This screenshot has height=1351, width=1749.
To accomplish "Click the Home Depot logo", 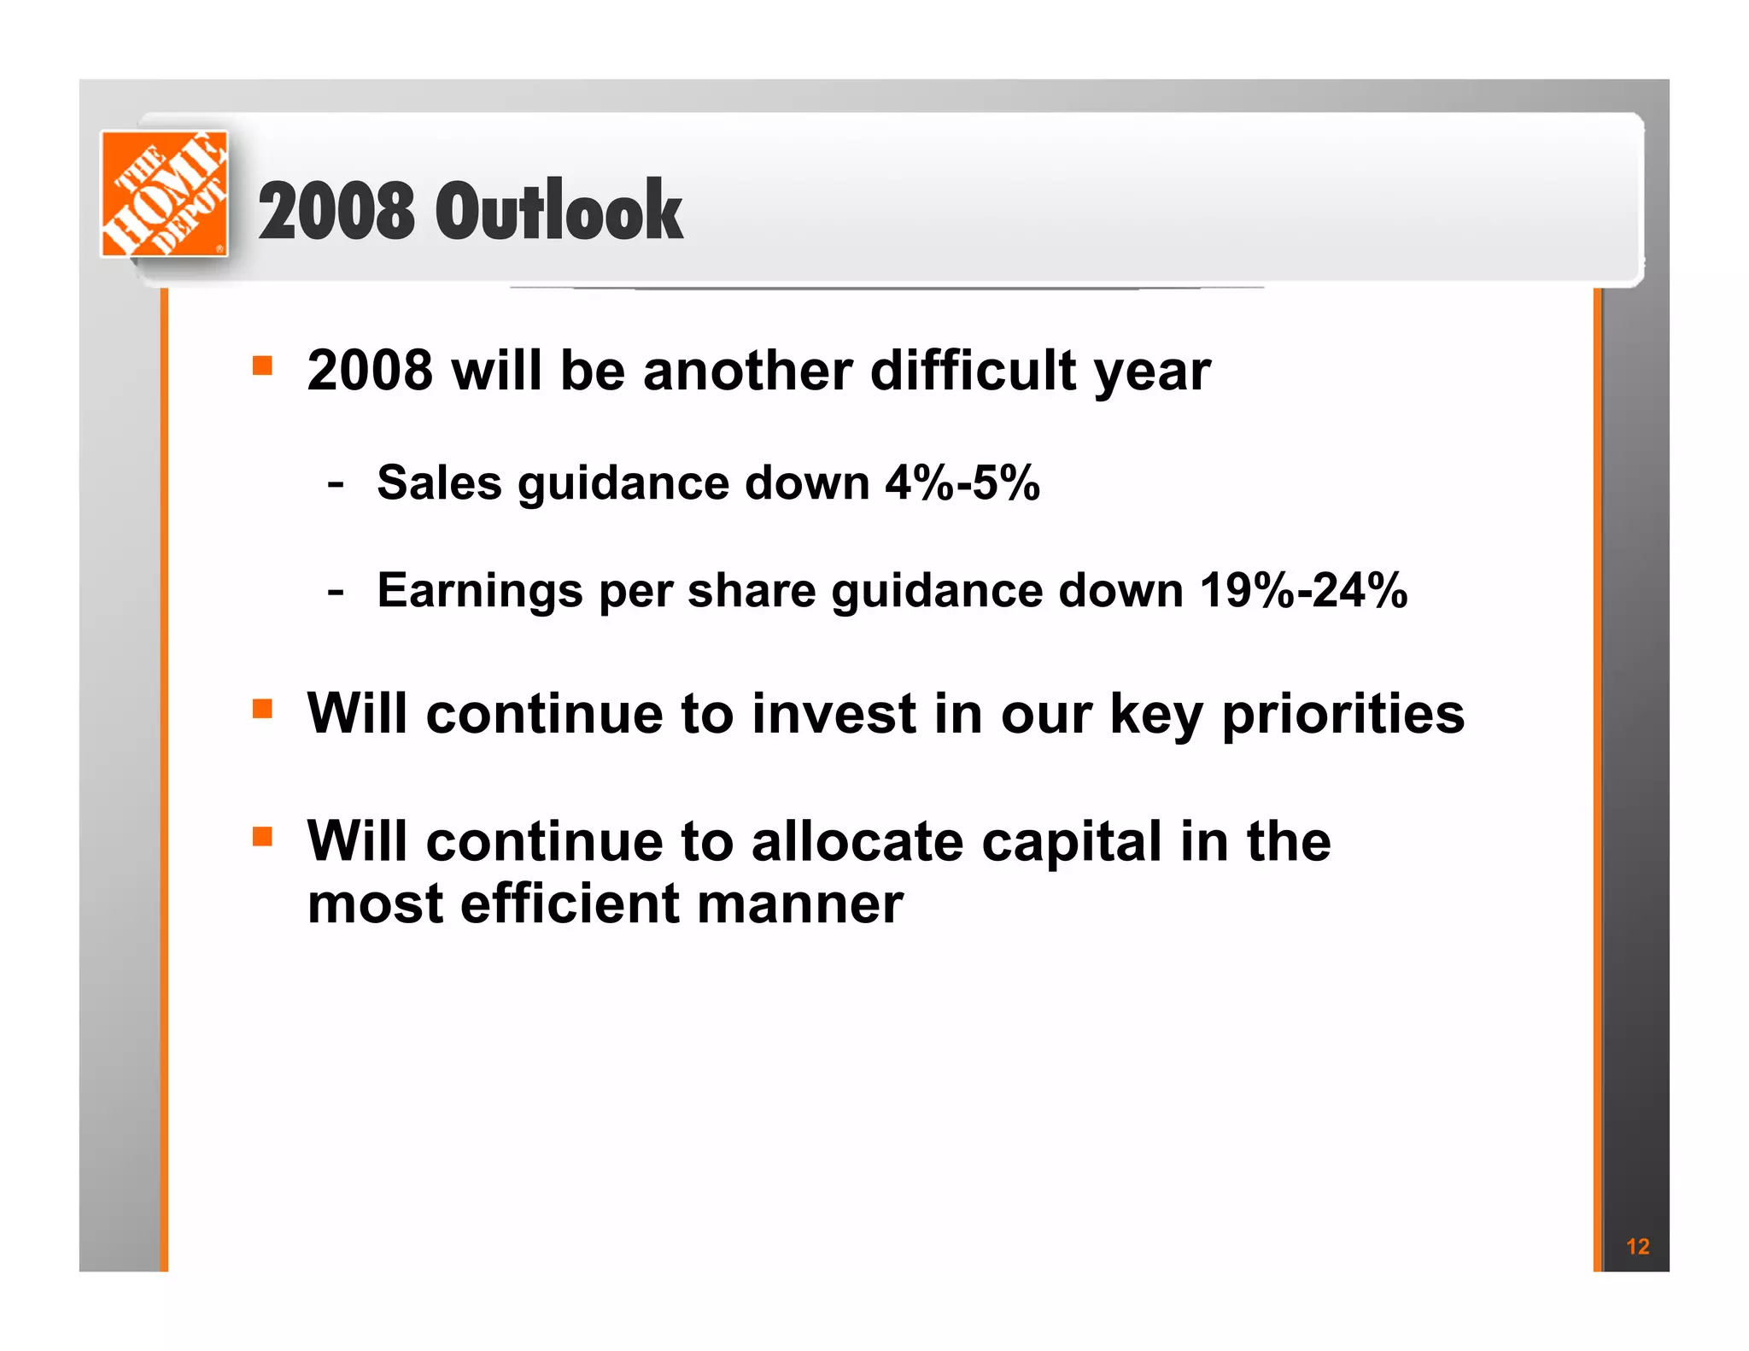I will point(164,193).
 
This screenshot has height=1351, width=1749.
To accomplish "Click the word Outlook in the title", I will point(559,211).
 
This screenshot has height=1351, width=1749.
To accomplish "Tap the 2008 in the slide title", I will point(336,211).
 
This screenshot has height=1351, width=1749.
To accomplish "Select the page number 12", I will point(1637,1246).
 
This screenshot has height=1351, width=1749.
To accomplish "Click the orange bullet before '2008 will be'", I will point(262,366).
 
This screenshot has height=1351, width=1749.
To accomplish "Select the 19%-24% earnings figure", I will point(1303,590).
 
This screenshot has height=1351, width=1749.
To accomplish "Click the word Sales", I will point(439,482).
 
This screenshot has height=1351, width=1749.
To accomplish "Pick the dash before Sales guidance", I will point(336,484).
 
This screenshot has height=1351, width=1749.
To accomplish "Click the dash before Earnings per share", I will point(336,591).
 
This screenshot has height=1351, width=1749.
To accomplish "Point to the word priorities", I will point(1342,715).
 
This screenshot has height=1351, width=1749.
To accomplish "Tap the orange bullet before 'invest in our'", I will point(262,709).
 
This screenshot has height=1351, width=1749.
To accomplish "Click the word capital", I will point(1072,843).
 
